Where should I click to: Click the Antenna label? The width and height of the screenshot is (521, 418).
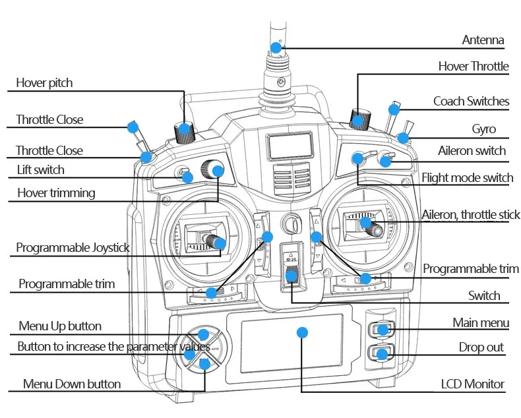(483, 40)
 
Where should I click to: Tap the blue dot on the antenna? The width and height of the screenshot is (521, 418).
(276, 48)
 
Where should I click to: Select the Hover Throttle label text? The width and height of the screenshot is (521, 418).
(474, 66)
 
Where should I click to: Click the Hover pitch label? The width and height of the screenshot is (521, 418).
(44, 82)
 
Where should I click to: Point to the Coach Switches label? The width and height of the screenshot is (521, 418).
(471, 101)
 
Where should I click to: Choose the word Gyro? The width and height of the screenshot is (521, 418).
(484, 129)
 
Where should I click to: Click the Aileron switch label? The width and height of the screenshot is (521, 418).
(472, 150)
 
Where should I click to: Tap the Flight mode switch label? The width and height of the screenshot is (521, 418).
(468, 178)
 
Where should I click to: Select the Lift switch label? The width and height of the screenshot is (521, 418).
(40, 170)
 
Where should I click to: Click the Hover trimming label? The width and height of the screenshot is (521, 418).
(56, 193)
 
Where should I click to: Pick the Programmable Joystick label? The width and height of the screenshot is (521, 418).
(73, 247)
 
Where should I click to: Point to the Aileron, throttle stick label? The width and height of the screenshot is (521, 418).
(470, 215)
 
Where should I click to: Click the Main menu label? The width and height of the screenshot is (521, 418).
(481, 322)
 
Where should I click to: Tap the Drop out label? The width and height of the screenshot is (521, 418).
(481, 347)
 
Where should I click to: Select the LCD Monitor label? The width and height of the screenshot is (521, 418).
(472, 384)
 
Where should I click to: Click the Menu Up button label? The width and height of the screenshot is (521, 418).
(60, 326)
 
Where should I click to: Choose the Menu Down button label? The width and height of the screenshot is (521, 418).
(72, 384)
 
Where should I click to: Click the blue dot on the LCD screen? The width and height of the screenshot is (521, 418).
(302, 332)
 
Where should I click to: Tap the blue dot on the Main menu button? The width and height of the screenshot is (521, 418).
(383, 330)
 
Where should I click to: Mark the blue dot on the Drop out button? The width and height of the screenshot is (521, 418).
(382, 354)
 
